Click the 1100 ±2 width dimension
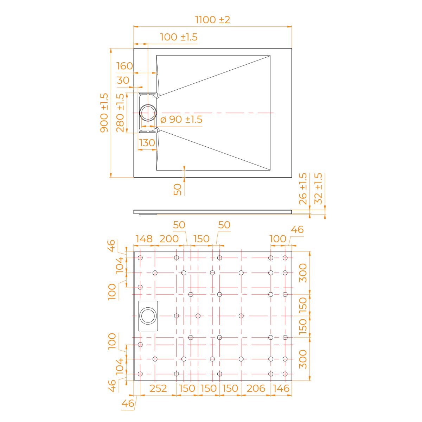[x=212, y=20]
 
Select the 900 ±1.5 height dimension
[x=104, y=113]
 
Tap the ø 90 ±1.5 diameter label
[x=181, y=119]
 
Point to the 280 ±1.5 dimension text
[x=120, y=113]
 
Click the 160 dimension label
[x=124, y=66]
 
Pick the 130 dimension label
[x=147, y=143]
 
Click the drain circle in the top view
[x=148, y=113]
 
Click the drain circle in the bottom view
[x=148, y=316]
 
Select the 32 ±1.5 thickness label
[x=318, y=188]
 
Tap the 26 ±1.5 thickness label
[x=303, y=188]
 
